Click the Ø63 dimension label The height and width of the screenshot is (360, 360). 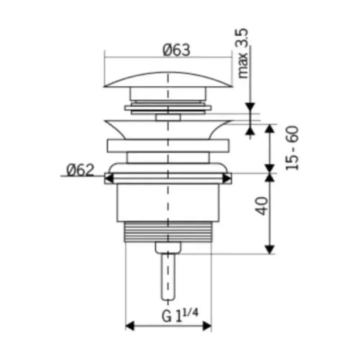pyautogui.click(x=176, y=50)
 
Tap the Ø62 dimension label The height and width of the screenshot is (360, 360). pyautogui.click(x=80, y=170)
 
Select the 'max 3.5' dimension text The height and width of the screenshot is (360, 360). pyautogui.click(x=243, y=53)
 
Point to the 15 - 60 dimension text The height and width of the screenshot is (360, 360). pyautogui.click(x=292, y=148)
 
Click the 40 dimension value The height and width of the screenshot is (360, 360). pyautogui.click(x=262, y=206)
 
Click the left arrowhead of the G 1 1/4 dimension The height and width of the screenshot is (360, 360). pyautogui.click(x=130, y=326)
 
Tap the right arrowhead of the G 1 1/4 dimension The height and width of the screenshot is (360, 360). pyautogui.click(x=207, y=326)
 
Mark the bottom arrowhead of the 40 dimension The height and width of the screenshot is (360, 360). pyautogui.click(x=270, y=249)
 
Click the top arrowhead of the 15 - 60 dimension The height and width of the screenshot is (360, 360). pyautogui.click(x=270, y=129)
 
